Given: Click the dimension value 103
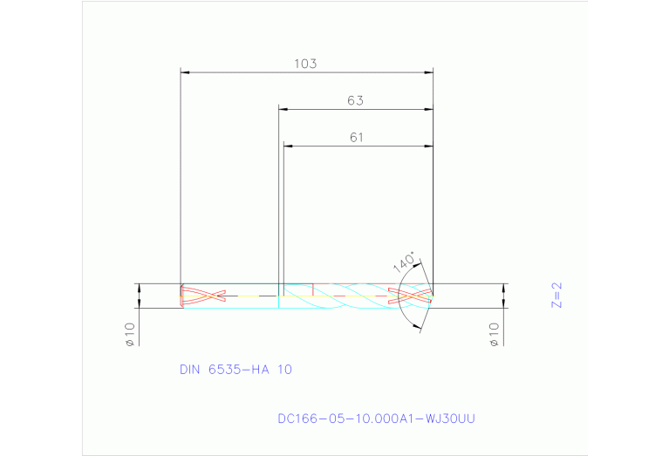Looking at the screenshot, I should (304, 64).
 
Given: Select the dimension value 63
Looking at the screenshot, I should (355, 100).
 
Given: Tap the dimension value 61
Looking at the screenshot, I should (357, 137).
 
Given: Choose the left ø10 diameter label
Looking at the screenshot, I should (128, 335).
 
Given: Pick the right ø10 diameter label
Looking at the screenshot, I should (494, 335).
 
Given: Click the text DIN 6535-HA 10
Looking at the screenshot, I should (236, 369).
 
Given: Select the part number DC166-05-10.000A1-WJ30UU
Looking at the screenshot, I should (376, 419).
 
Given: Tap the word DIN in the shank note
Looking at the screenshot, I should (190, 369).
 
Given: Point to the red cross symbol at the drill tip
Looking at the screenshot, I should (410, 296).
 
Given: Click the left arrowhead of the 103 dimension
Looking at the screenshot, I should (184, 72).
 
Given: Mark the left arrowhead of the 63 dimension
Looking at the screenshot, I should (283, 109).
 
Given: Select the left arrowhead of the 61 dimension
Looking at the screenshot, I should (289, 146).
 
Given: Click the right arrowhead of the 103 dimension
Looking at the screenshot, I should (428, 72).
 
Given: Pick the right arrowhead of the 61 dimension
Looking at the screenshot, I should (428, 146).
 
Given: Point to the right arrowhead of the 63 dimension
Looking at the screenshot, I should (428, 109).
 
